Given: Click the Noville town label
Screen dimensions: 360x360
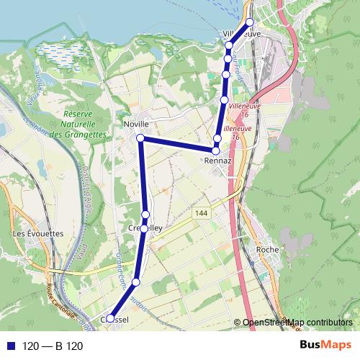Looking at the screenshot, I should [x=136, y=124].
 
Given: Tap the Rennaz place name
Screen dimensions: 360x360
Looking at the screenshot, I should [x=217, y=161].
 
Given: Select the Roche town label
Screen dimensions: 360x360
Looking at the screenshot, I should [x=267, y=250].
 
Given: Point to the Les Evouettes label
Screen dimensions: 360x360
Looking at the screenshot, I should [x=38, y=234].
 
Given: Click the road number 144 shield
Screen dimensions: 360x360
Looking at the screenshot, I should [x=201, y=213].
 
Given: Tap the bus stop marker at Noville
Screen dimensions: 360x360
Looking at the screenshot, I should [x=140, y=138].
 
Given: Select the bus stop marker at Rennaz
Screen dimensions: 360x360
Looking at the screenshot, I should [x=215, y=150].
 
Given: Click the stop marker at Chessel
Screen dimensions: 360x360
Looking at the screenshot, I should [x=110, y=318].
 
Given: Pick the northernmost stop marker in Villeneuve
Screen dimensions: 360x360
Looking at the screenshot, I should [x=250, y=22].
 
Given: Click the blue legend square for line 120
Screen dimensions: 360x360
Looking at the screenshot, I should [x=10, y=346].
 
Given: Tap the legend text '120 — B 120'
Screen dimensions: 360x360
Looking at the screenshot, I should [x=53, y=346].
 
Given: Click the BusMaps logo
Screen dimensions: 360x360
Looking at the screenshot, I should [x=324, y=346].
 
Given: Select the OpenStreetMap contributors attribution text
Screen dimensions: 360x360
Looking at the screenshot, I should [x=297, y=323].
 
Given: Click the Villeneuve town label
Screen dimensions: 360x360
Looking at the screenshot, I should [x=242, y=34].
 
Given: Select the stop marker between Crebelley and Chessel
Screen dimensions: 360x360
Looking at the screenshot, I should [x=135, y=282].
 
